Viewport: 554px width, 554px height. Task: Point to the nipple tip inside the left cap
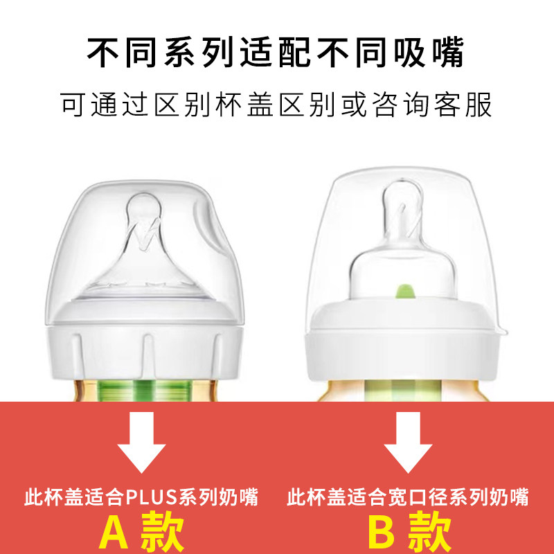click(141, 207)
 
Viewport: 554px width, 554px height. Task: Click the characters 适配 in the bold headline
click(278, 51)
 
